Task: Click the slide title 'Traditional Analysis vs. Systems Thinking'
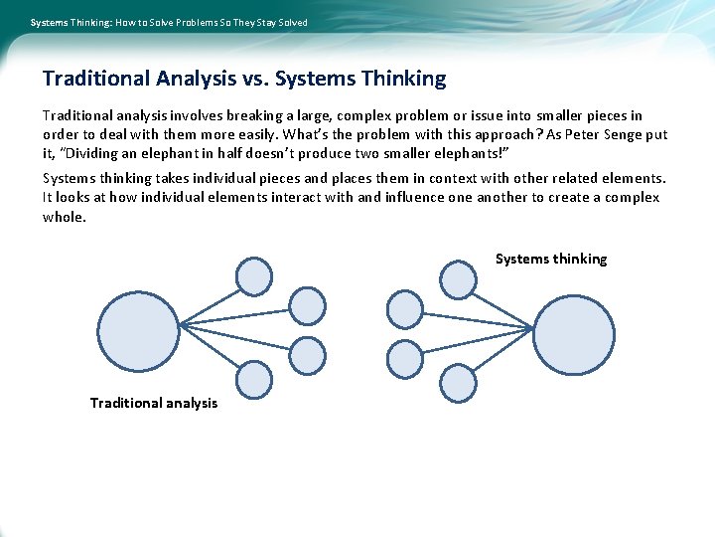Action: (244, 79)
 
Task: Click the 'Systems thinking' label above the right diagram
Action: (551, 259)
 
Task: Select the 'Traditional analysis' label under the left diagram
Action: (154, 403)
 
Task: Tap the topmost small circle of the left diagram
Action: (254, 276)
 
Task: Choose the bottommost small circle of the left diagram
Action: (254, 379)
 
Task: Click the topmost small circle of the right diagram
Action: (458, 279)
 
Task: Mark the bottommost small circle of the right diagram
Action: (458, 383)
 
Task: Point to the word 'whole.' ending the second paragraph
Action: (65, 216)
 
